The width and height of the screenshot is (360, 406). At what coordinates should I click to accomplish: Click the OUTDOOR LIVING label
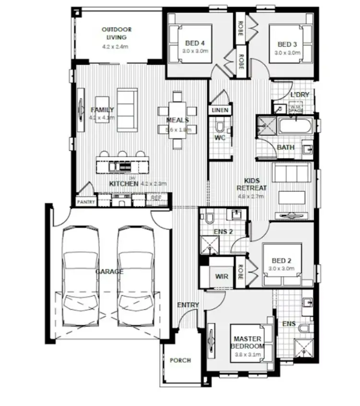116,33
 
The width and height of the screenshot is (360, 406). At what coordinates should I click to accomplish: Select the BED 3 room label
287,45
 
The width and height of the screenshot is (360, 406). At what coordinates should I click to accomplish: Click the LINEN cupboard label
220,110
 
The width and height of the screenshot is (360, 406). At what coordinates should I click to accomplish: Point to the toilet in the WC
220,127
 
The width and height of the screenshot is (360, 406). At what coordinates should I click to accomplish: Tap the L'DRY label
300,95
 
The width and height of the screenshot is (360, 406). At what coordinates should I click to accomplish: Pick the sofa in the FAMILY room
127,109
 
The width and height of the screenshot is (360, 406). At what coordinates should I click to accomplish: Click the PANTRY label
85,202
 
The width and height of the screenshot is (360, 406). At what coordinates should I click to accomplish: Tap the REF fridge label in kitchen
156,198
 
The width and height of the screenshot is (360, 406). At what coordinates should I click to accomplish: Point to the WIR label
222,276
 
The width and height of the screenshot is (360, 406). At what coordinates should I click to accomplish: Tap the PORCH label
180,360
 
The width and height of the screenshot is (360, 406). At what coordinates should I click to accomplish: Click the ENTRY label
188,305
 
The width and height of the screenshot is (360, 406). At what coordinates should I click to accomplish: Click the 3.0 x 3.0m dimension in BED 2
281,269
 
